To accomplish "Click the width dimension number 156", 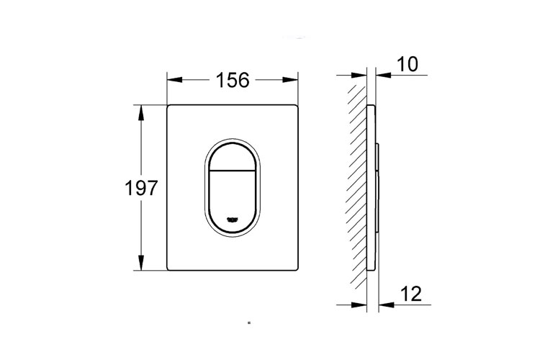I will click(233, 80).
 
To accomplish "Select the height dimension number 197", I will click(141, 189).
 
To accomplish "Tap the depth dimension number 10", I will click(407, 64).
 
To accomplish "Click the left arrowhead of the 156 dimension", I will click(174, 80).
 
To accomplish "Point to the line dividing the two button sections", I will click(233, 171).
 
